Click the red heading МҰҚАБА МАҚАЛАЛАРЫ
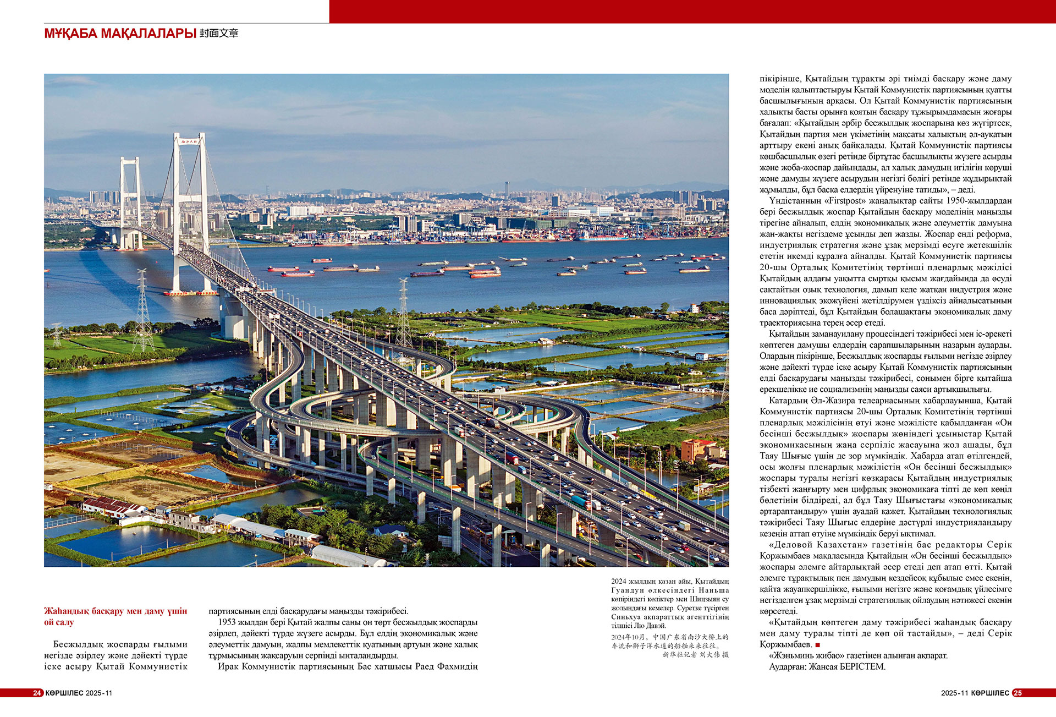pos(120,34)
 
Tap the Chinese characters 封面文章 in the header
pos(219,34)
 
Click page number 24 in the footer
pos(37,693)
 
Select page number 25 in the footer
pos(1018,693)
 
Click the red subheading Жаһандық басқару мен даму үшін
pos(116,611)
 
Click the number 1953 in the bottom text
pos(227,622)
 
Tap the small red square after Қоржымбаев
pos(818,645)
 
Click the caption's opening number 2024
pos(618,581)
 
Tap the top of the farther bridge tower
pos(130,160)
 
